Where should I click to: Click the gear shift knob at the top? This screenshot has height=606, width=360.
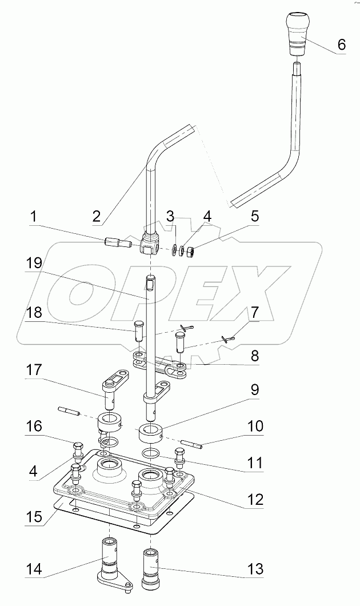pos(297,34)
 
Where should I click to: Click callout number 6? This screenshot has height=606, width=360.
pos(341,45)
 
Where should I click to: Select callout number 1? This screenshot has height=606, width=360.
pos(34,217)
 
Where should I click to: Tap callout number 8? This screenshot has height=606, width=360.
pos(254,356)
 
